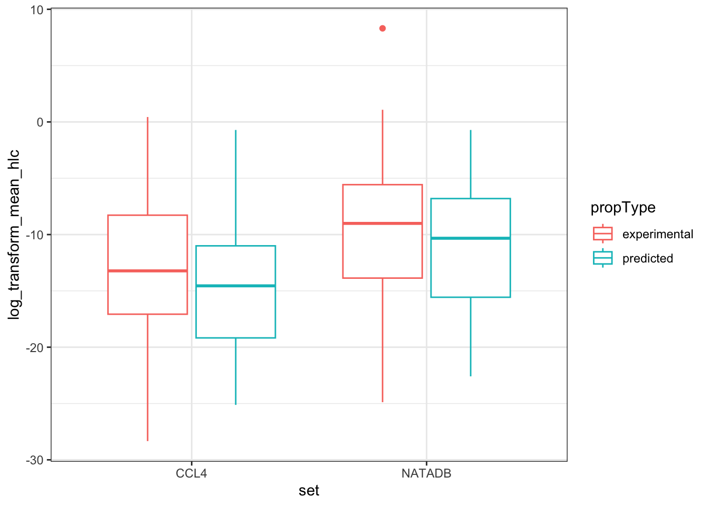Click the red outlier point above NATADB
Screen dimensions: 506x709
coord(382,28)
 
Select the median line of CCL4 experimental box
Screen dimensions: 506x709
coord(147,270)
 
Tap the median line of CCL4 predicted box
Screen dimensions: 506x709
coord(235,286)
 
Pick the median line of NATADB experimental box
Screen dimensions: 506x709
coord(382,223)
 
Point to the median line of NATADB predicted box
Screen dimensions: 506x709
coord(471,238)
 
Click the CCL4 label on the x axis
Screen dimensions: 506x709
coord(191,473)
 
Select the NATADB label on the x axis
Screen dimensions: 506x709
coord(426,473)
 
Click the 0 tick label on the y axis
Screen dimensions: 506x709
coord(40,122)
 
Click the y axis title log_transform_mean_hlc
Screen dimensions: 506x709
coord(14,235)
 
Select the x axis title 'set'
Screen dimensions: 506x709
coord(309,491)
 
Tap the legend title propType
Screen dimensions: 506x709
coord(622,208)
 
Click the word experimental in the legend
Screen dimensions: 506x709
coord(657,234)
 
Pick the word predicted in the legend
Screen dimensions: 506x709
coord(647,258)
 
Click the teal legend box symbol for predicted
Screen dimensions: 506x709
coord(602,258)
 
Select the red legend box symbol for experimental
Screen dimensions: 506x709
coord(602,233)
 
